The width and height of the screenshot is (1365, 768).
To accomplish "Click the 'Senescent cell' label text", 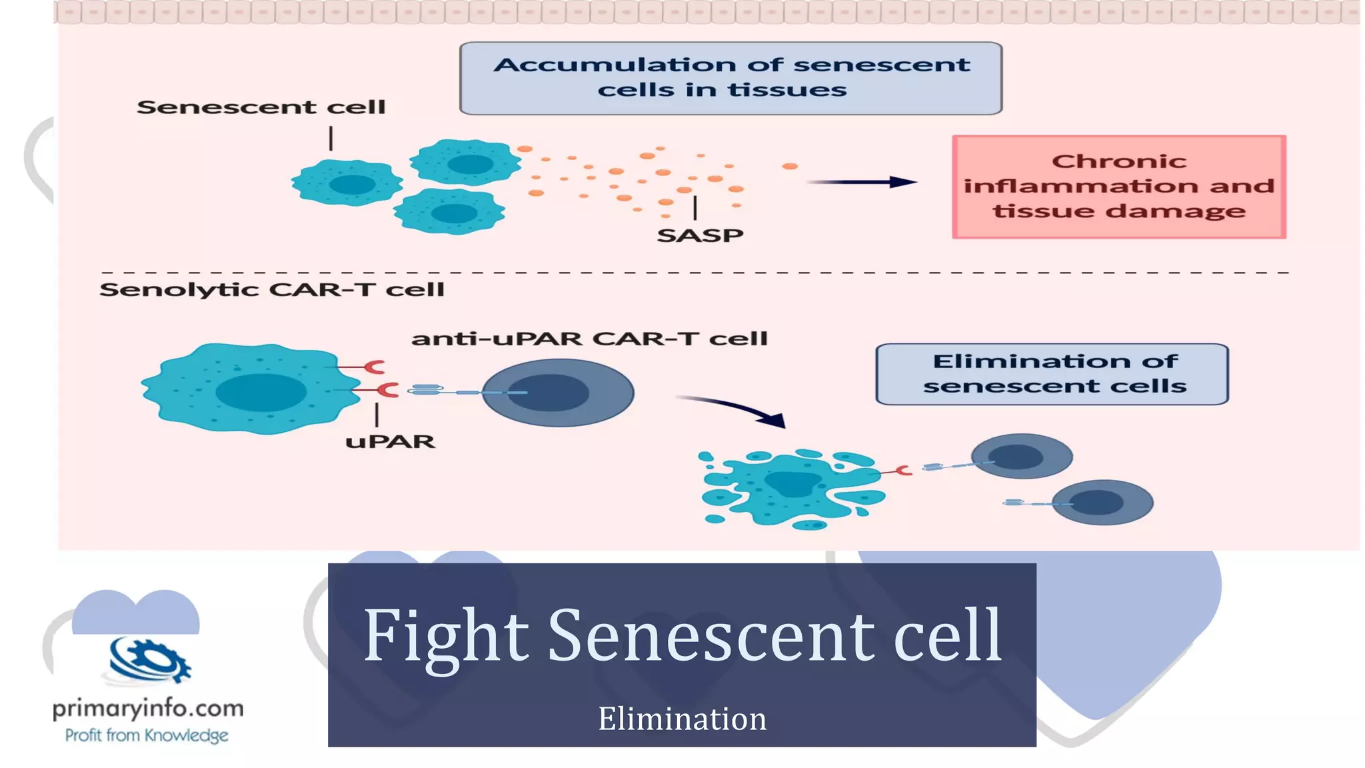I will [x=261, y=107].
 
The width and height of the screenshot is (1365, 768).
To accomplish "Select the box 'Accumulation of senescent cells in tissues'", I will [x=730, y=78].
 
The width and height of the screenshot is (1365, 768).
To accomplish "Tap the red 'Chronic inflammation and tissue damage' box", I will [x=1118, y=187].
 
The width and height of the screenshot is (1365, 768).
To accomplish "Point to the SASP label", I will [x=700, y=235].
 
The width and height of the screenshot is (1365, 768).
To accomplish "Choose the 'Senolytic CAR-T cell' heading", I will [x=271, y=290].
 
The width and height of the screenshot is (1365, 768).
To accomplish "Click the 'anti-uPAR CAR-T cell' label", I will [x=589, y=339].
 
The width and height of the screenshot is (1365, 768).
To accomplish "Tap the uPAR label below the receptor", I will [x=390, y=442].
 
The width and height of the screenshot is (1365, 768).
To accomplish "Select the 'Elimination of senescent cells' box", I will [x=1052, y=374].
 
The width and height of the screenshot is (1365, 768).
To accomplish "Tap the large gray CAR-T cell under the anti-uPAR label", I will [x=557, y=393].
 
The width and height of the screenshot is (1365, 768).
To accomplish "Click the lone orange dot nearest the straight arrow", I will [x=790, y=166].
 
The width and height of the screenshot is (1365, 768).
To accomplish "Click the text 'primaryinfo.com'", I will [x=148, y=708].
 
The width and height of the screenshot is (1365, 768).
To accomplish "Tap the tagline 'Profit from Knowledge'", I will [x=147, y=735].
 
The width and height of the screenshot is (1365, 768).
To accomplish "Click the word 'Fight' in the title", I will [x=445, y=637].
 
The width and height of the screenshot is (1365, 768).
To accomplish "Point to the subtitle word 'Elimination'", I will [x=682, y=719].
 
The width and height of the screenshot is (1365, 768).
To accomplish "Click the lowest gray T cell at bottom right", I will [x=1102, y=503].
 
